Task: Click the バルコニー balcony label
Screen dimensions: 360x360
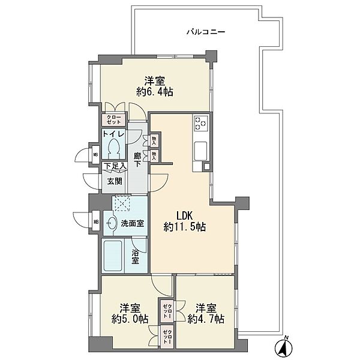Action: (205, 32)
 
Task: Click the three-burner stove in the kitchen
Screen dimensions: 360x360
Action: (201, 123)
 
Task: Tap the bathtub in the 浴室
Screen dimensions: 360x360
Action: (113, 256)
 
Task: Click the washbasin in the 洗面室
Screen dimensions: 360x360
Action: (110, 223)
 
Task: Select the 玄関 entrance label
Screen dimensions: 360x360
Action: (115, 181)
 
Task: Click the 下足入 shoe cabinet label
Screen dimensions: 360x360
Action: (115, 166)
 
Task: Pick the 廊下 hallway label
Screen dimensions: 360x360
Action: (137, 160)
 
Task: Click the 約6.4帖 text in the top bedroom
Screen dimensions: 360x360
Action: (155, 92)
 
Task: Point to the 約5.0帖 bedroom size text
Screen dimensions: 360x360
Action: (130, 319)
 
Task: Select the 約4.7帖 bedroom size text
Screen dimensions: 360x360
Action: (206, 319)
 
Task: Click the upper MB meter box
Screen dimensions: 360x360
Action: (95, 155)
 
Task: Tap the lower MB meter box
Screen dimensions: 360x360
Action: (96, 222)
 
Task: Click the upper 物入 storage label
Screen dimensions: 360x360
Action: (154, 140)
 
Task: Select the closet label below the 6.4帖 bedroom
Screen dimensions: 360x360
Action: (114, 119)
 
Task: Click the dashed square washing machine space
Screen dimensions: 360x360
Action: (122, 203)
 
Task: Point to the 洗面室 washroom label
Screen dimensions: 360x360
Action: (132, 223)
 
